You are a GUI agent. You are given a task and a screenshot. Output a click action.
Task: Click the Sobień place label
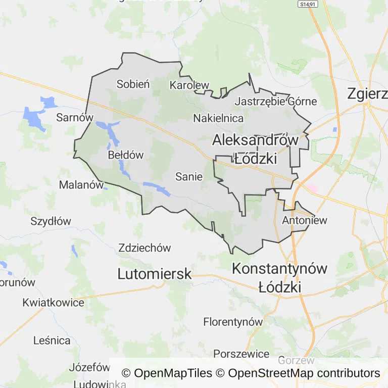133,84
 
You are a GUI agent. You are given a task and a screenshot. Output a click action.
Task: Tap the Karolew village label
189,85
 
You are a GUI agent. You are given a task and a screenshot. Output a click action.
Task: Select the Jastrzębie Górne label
276,102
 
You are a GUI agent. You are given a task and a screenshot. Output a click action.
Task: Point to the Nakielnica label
218,118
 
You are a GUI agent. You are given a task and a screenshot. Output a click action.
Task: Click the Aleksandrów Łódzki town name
255,149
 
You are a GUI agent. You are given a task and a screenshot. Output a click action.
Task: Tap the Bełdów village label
126,155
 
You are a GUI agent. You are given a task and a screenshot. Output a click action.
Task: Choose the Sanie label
189,177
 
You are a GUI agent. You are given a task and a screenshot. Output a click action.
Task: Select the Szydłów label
51,221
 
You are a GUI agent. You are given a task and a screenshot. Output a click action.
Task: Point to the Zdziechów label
144,248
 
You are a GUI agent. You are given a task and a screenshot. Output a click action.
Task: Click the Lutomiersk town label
155,274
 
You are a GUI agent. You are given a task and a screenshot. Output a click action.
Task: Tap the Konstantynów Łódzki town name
279,278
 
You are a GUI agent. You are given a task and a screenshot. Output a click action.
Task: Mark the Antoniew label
305,220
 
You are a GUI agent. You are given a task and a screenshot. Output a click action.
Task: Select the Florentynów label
233,322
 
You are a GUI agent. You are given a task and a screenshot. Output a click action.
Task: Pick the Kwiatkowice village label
53,303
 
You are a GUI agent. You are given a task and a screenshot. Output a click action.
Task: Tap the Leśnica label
52,341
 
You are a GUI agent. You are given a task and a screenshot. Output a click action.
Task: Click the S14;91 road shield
307,4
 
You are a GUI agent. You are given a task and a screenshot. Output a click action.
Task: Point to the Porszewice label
241,354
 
